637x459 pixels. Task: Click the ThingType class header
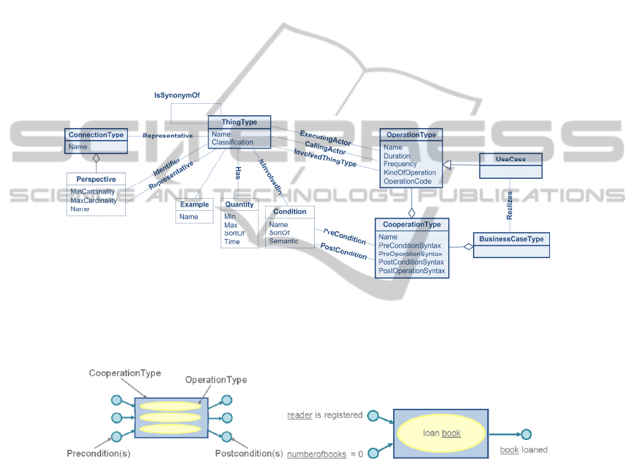(x=240, y=122)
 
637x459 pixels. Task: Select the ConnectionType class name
(x=96, y=134)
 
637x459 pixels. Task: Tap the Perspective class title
(x=97, y=179)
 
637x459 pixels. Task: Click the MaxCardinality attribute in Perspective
(x=93, y=200)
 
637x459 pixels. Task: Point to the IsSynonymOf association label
(x=177, y=95)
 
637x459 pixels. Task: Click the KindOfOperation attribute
(x=409, y=173)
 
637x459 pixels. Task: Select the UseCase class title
(x=510, y=158)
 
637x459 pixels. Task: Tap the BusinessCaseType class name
(x=511, y=239)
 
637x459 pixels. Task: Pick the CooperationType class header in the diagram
(x=411, y=224)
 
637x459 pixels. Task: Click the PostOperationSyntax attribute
(x=411, y=271)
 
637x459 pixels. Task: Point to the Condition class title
(x=290, y=211)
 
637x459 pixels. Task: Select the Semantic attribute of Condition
(x=284, y=241)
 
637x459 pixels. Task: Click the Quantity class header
(x=239, y=204)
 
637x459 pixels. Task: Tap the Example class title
(x=194, y=204)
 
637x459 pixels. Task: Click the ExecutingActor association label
(x=325, y=136)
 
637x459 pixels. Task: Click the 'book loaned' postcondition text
(x=523, y=450)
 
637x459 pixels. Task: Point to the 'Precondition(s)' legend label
(x=98, y=453)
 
